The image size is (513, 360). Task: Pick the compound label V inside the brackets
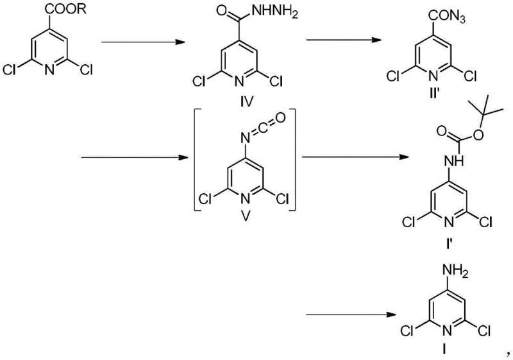click(x=244, y=215)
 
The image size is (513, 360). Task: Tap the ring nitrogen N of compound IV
click(x=242, y=82)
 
